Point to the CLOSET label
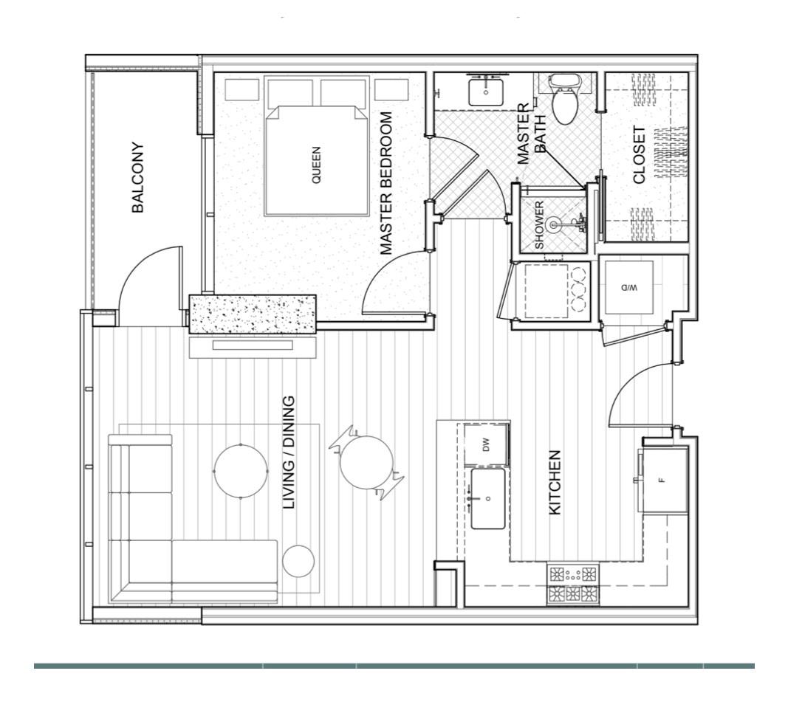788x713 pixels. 640,155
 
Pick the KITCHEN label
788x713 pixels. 555,483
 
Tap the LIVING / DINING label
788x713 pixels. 290,452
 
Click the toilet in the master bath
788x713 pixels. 566,100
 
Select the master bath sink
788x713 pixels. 486,92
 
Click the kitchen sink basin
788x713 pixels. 488,499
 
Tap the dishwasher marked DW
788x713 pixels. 487,444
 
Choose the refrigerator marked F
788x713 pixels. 663,480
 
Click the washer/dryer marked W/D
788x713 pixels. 628,286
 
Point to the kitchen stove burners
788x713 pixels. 572,584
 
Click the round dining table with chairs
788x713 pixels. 366,462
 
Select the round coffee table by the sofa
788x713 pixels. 241,470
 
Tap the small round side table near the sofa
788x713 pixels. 298,562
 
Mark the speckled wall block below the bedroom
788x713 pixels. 253,314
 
